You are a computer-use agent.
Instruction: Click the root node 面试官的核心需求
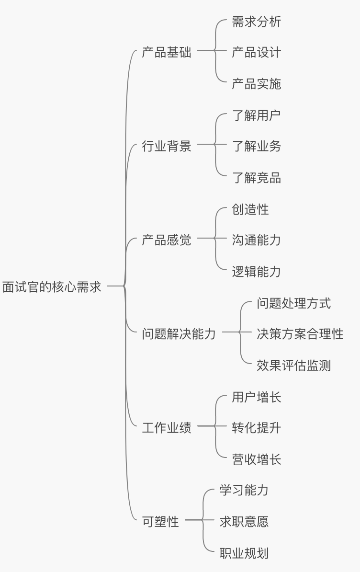click(52, 287)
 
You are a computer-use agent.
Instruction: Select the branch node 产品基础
click(166, 52)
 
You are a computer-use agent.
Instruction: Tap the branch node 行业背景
click(166, 146)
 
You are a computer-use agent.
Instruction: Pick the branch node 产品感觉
click(166, 240)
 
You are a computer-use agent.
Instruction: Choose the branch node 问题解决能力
click(179, 333)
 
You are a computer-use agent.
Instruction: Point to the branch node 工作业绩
click(166, 427)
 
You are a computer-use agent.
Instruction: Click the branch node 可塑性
click(160, 521)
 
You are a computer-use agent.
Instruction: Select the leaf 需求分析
click(256, 22)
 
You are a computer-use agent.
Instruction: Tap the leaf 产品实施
click(256, 84)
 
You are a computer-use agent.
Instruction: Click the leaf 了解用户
click(256, 115)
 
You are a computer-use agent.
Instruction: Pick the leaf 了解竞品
click(256, 178)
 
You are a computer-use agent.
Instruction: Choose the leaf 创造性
click(250, 209)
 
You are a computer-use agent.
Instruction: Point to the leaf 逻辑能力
click(256, 272)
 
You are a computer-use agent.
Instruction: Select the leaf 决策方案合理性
click(300, 333)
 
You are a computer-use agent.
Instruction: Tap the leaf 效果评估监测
click(293, 366)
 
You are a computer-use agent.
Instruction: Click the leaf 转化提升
click(256, 427)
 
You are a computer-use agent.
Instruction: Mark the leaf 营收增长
click(256, 459)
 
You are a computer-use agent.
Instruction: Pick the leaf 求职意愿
click(244, 521)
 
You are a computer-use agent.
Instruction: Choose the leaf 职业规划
click(244, 553)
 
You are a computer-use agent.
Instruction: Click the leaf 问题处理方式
click(293, 303)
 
